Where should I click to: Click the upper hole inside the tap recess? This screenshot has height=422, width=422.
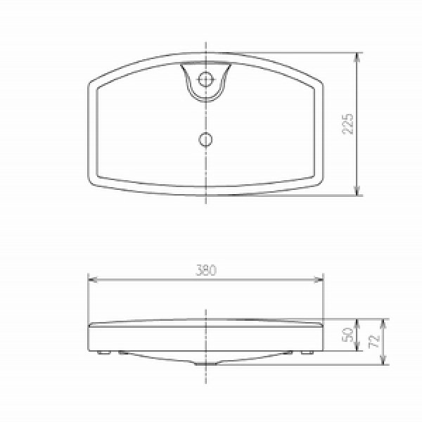click(x=206, y=79)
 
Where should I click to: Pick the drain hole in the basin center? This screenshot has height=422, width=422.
click(x=205, y=139)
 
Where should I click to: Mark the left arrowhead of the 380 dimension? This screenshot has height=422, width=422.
click(x=91, y=279)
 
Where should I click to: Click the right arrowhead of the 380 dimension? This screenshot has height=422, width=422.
click(x=321, y=279)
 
